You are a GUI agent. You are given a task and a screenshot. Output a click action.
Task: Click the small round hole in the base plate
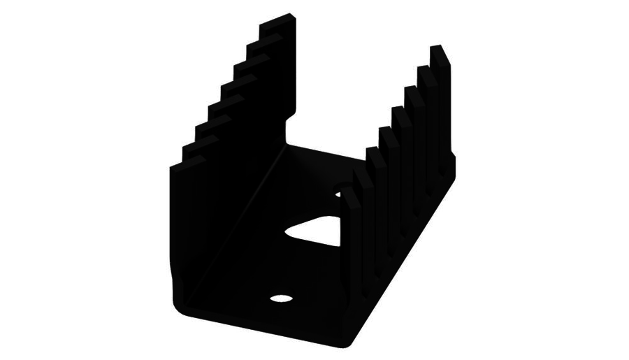281,298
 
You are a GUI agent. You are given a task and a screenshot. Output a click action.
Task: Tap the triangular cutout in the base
317,232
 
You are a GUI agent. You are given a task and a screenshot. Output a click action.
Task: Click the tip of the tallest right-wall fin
440,50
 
